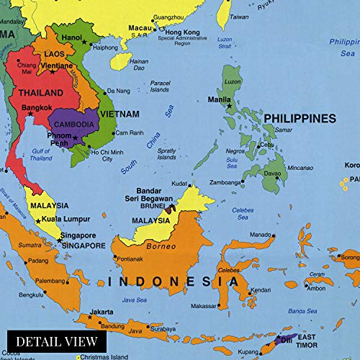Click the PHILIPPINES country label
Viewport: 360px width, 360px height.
pos(300,118)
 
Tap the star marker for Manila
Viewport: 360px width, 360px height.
pos(230,106)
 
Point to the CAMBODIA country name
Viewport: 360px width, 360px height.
pos(73,124)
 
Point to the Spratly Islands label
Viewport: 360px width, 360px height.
pos(166,153)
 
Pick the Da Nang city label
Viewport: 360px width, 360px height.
pos(118,91)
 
